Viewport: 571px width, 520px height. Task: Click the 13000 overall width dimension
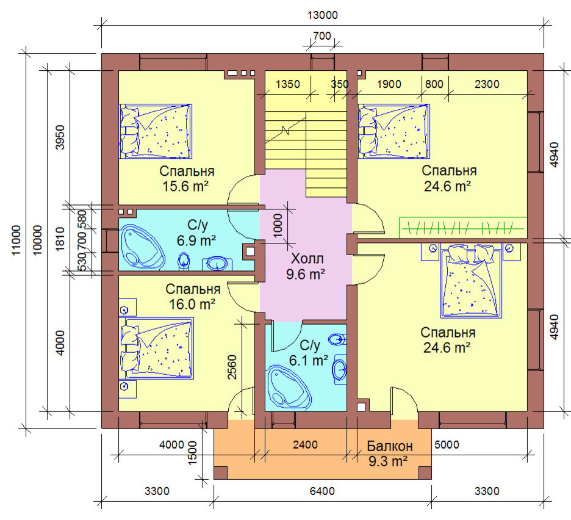pyautogui.click(x=323, y=15)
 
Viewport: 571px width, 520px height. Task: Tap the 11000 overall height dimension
pyautogui.click(x=16, y=240)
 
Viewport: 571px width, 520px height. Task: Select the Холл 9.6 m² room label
pyautogui.click(x=306, y=266)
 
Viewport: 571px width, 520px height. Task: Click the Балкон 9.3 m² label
pyautogui.click(x=390, y=453)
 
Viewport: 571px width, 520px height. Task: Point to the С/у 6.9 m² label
pyautogui.click(x=196, y=233)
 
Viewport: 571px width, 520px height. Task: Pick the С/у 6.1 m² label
pyautogui.click(x=309, y=352)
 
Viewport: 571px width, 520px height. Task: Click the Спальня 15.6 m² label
pyautogui.click(x=187, y=179)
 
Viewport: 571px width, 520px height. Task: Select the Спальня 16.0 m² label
pyautogui.click(x=193, y=296)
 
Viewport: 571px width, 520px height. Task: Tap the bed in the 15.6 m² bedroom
pyautogui.click(x=156, y=131)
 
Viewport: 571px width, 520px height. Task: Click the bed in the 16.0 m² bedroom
pyautogui.click(x=157, y=348)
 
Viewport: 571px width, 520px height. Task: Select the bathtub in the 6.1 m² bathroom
pyautogui.click(x=289, y=386)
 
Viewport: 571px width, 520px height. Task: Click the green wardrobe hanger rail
pyautogui.click(x=463, y=228)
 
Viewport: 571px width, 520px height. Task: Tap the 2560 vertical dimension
pyautogui.click(x=232, y=367)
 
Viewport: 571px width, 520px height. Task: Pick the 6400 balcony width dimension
pyautogui.click(x=322, y=491)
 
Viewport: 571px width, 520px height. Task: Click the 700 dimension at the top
pyautogui.click(x=322, y=36)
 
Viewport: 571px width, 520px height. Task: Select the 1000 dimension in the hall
pyautogui.click(x=278, y=226)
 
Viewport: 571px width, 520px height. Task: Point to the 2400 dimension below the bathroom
pyautogui.click(x=305, y=444)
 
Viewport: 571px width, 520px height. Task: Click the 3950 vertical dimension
pyautogui.click(x=59, y=137)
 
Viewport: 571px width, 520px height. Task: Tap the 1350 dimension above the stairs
pyautogui.click(x=288, y=84)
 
